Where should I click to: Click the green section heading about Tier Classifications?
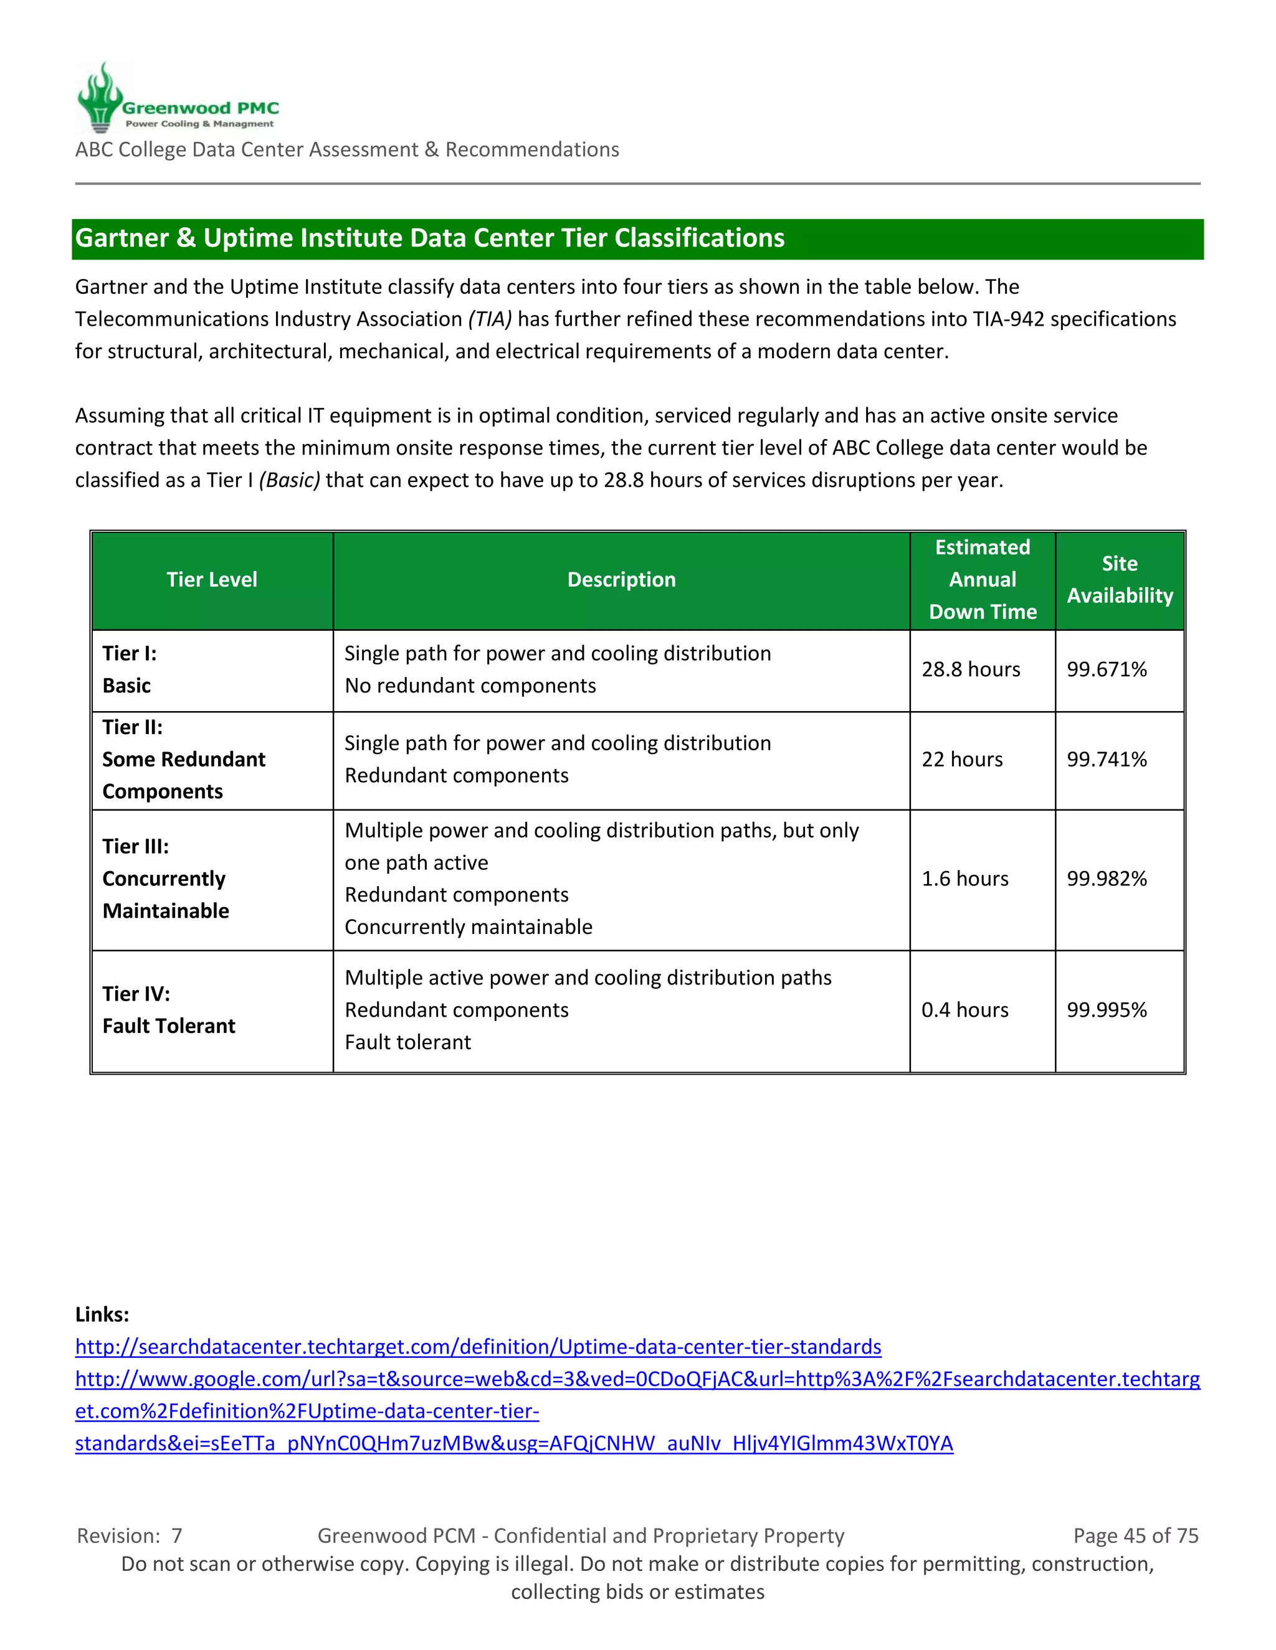pos(429,238)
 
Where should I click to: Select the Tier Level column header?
pos(212,580)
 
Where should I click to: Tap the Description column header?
pos(621,580)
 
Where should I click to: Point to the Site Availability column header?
pos(1120,580)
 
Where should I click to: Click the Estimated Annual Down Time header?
pos(982,580)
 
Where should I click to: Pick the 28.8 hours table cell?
pos(971,669)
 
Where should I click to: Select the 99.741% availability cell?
pos(1107,759)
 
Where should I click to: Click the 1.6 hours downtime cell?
pos(964,879)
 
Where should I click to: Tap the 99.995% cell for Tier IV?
pos(1107,1010)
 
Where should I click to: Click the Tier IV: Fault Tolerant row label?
pos(169,1010)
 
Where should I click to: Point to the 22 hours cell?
pos(961,759)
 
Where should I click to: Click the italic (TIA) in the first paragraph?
pos(490,319)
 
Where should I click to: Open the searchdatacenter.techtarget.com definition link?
pos(478,1347)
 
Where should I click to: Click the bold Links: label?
pos(102,1314)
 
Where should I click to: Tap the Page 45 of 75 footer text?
pos(1135,1536)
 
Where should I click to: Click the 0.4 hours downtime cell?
pos(964,1010)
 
